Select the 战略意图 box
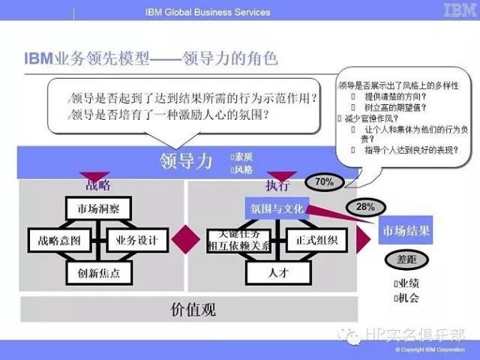[59, 240]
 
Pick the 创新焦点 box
[99, 273]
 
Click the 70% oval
[324, 181]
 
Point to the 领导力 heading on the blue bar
[186, 161]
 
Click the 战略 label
[98, 184]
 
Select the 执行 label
[277, 186]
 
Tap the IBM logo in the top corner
[457, 10]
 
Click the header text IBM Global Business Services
[207, 12]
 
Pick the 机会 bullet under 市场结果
[406, 298]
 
